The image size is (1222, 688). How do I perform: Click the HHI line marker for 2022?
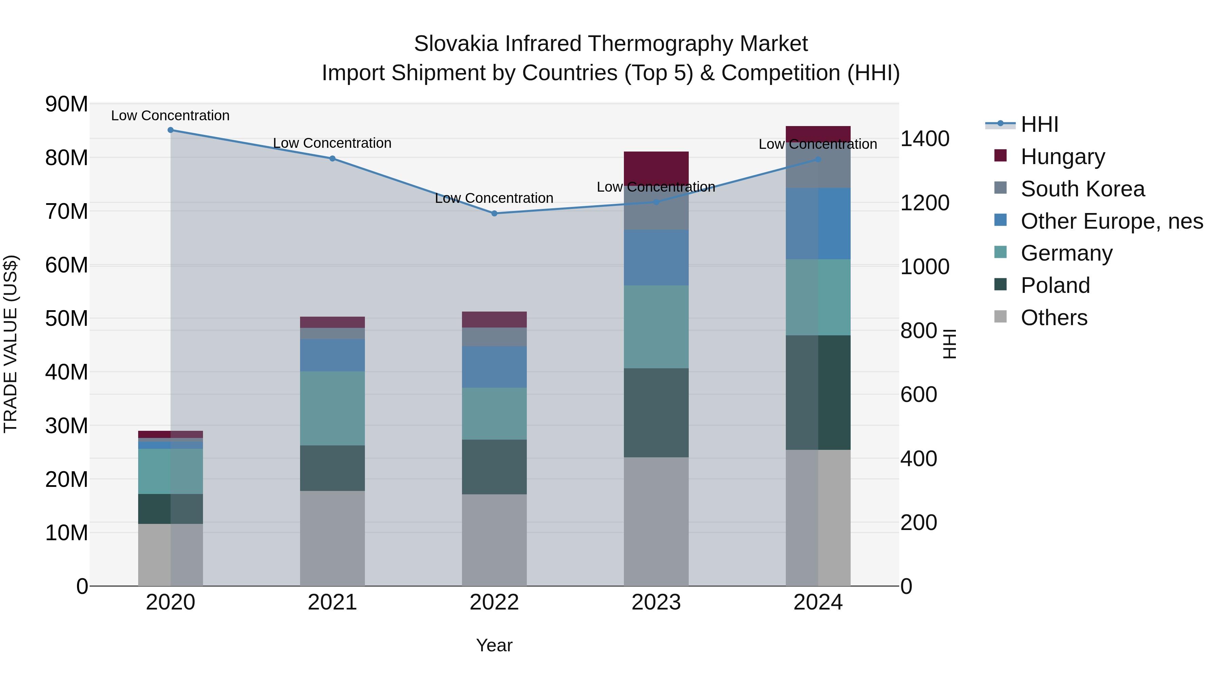[x=494, y=213]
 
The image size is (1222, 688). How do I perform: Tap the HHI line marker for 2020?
[x=170, y=130]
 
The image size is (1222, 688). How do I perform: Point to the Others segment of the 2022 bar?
[x=494, y=540]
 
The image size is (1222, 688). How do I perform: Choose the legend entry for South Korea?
[x=1082, y=189]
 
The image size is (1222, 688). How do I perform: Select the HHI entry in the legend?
[x=1039, y=124]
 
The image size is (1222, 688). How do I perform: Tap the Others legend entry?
[x=1054, y=318]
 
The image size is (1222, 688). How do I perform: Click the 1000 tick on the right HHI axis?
[x=925, y=267]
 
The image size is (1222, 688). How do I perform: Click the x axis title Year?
[x=494, y=645]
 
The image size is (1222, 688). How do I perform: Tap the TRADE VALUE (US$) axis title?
[x=11, y=344]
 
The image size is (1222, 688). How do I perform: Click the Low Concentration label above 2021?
[x=332, y=143]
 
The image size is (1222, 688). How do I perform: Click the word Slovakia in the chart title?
[x=456, y=44]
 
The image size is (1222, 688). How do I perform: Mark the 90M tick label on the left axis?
[x=67, y=104]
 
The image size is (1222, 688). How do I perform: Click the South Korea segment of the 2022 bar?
[x=494, y=337]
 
